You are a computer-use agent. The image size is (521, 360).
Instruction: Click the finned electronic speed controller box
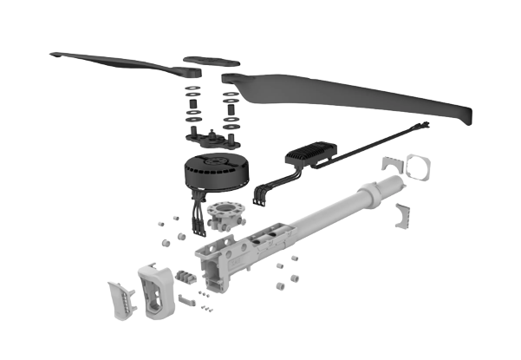(x=313, y=155)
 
